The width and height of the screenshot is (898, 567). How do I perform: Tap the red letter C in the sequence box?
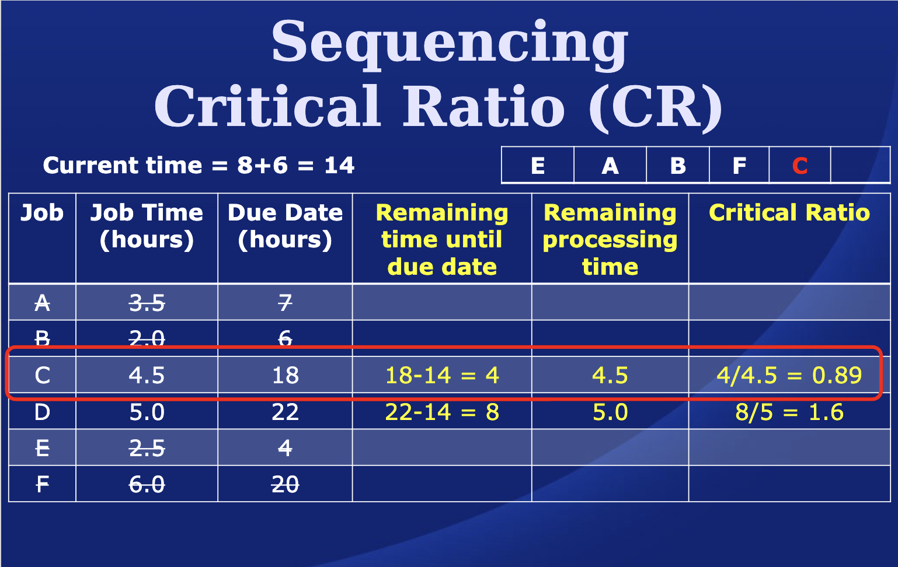[800, 166]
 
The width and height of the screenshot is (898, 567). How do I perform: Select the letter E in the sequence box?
[538, 166]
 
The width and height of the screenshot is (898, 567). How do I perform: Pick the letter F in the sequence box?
[739, 166]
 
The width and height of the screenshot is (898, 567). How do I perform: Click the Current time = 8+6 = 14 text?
[199, 166]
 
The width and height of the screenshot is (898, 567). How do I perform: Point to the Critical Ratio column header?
[789, 212]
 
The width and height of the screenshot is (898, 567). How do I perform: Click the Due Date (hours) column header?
[285, 226]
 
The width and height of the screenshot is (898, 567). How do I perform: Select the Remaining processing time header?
[610, 239]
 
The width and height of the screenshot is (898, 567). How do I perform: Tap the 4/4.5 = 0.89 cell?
[789, 375]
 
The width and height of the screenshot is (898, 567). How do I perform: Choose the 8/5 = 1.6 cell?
[789, 412]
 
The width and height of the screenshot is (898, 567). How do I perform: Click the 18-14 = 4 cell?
[442, 375]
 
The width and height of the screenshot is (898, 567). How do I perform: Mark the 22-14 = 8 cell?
[442, 412]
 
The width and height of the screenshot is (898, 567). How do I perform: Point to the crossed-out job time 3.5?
[147, 303]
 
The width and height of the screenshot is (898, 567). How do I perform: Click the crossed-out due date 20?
[285, 484]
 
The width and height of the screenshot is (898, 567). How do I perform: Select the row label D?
[42, 412]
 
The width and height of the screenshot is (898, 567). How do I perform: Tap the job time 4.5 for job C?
[147, 375]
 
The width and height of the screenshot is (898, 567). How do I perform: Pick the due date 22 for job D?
[285, 412]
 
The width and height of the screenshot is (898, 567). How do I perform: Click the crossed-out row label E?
[42, 448]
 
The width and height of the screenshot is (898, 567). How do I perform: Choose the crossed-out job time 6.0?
[147, 484]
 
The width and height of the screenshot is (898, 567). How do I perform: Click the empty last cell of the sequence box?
[860, 166]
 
